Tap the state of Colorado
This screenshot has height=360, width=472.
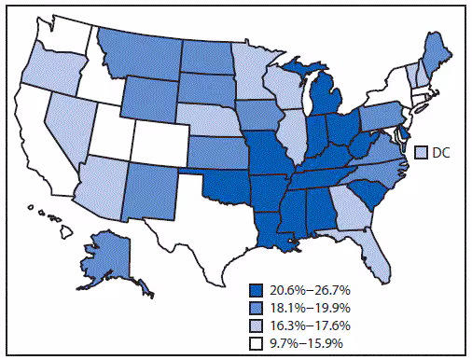coord(160,141)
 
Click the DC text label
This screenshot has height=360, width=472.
coord(440,151)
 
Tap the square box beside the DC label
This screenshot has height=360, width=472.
coord(421,151)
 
